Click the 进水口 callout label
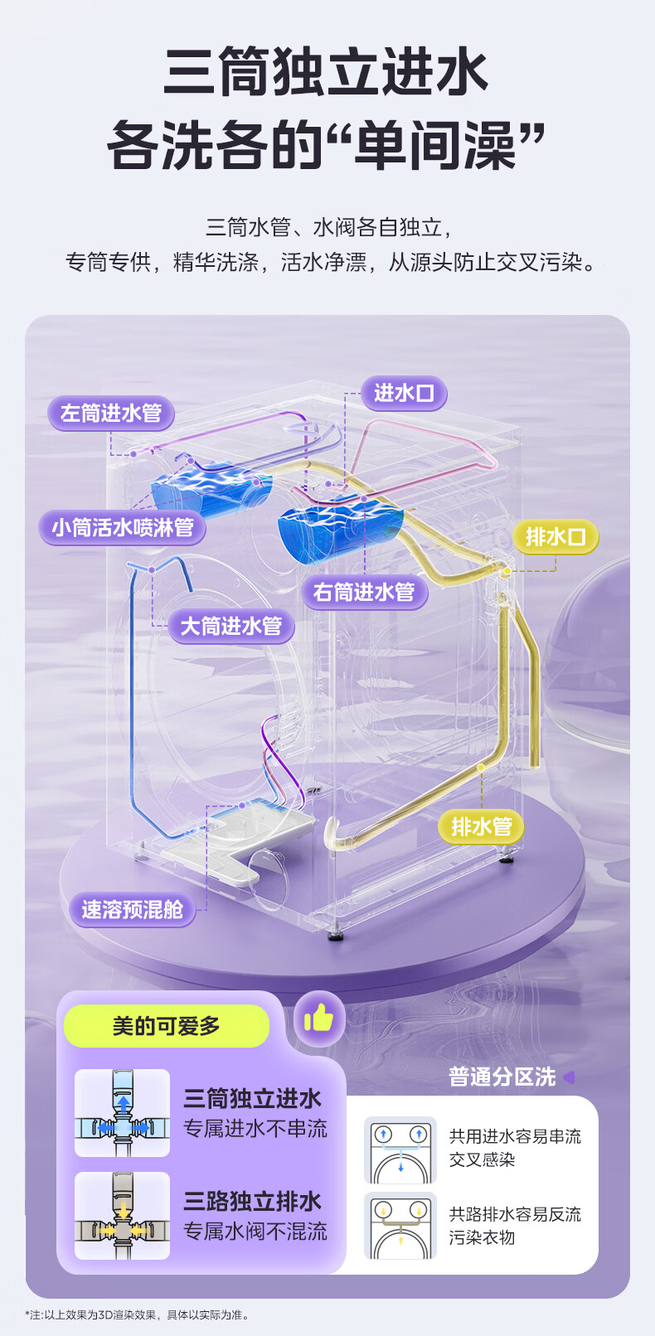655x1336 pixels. [x=404, y=393]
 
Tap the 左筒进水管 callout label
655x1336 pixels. [x=110, y=413]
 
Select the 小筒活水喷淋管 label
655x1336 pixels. [x=122, y=527]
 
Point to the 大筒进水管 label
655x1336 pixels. [x=230, y=626]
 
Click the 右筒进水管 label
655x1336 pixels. [x=363, y=592]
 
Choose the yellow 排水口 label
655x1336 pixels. [x=555, y=537]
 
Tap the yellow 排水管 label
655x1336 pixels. [x=481, y=826]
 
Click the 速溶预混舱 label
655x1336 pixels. [x=132, y=909]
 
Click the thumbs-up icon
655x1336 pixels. [x=318, y=1019]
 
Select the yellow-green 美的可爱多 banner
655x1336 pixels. [x=167, y=1026]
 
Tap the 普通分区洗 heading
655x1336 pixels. [x=502, y=1077]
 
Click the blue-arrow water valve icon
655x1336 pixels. [x=122, y=1113]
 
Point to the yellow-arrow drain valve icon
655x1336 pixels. [x=122, y=1216]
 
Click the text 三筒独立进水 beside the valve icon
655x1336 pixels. [x=252, y=1099]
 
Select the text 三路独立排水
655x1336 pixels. [x=252, y=1202]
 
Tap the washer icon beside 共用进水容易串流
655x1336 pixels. [x=400, y=1150]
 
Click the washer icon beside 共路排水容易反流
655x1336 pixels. [x=400, y=1226]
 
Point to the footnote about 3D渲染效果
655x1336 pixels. [x=137, y=1314]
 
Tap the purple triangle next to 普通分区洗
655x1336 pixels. [x=569, y=1077]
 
